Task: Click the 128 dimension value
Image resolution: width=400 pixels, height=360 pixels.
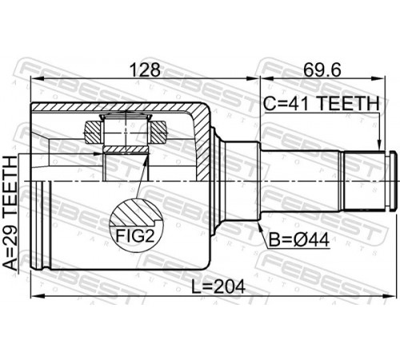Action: coord(145,70)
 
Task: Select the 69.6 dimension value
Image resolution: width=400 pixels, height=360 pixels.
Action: coord(322,70)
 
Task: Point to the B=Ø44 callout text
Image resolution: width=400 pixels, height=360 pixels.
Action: coord(299,240)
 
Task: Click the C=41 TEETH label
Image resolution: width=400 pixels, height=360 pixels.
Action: coord(321,103)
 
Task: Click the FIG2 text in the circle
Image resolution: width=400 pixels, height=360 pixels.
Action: coord(134,236)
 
